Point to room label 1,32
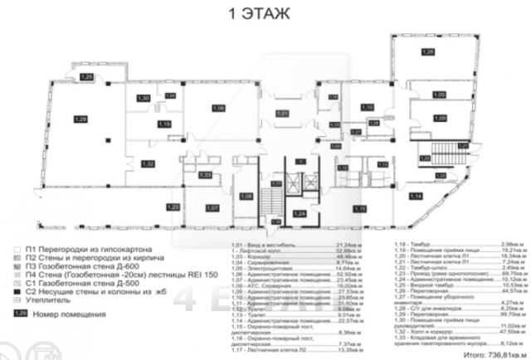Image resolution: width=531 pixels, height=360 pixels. click(148, 164)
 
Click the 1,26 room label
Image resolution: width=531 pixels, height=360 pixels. click(428, 53)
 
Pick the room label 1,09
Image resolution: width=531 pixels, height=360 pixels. click(440, 119)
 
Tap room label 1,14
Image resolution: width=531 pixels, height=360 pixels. click(416, 196)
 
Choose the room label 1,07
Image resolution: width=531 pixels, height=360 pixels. click(212, 207)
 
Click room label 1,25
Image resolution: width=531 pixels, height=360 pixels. click(87, 77)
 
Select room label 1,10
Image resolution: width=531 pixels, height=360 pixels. click(368, 108)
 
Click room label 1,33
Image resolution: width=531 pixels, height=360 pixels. click(203, 175)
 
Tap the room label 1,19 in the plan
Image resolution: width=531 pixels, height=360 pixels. click(164, 124)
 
